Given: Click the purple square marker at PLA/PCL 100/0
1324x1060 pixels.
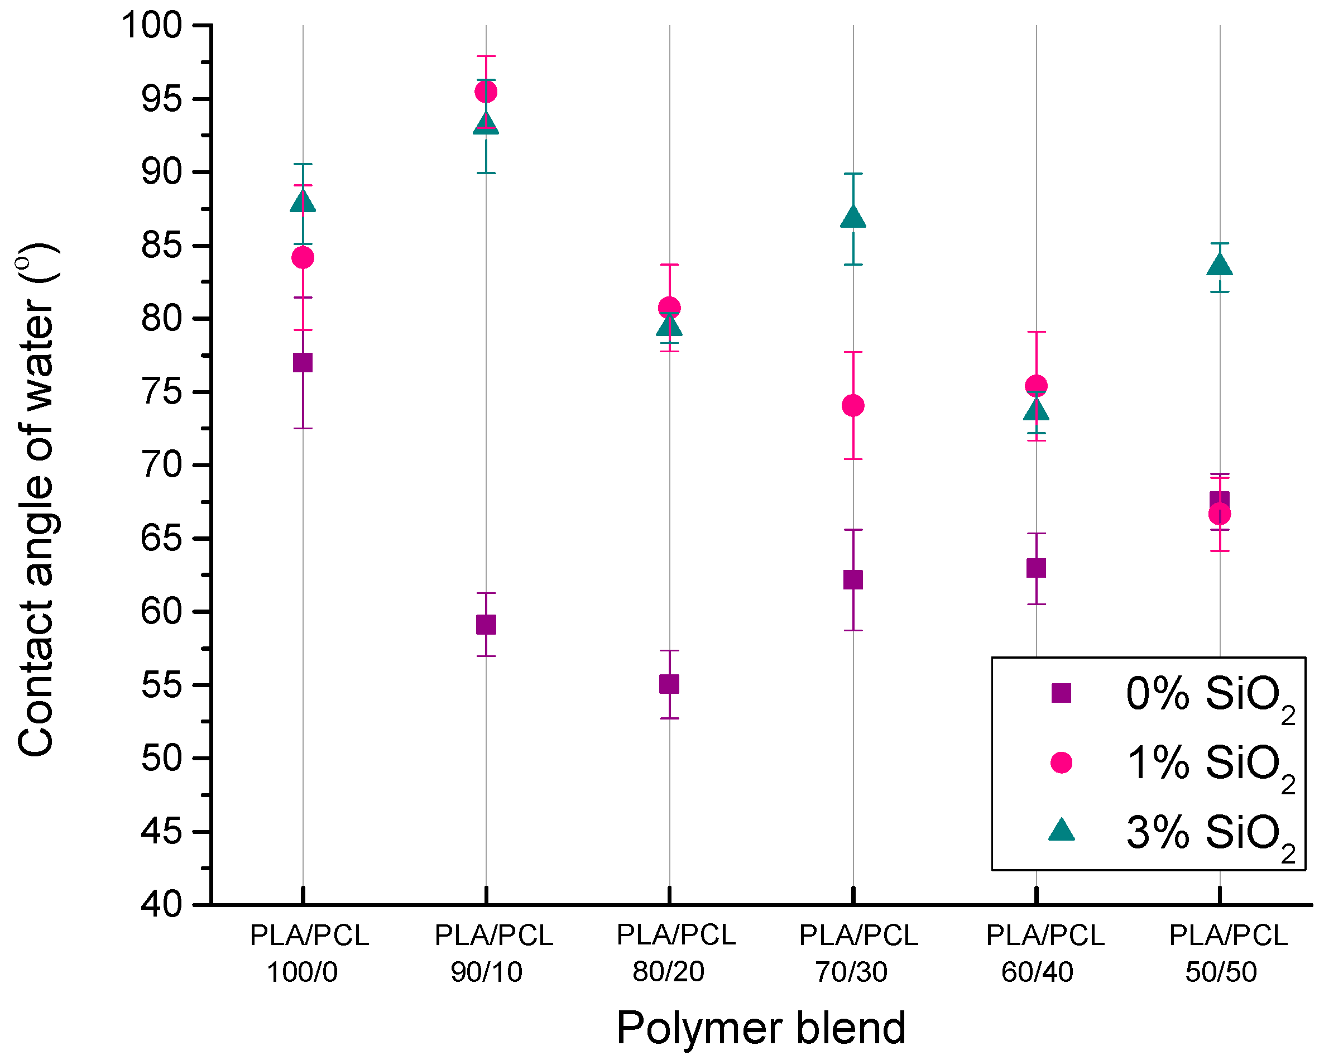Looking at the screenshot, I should (x=303, y=362).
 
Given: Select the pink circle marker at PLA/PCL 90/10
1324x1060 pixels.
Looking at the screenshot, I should (x=486, y=92).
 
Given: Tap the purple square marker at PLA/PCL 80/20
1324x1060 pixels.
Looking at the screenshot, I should (x=669, y=684).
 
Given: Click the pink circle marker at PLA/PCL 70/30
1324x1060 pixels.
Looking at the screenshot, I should (x=853, y=405).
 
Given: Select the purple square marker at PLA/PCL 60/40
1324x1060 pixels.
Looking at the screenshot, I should (x=1036, y=568).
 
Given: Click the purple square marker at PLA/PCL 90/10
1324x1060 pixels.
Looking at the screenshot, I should (x=486, y=625).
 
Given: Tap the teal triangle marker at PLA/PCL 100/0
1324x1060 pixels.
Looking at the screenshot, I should (x=303, y=202).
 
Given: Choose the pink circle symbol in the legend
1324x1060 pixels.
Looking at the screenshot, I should (x=1061, y=762).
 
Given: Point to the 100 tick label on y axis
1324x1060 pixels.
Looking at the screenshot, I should (x=152, y=26).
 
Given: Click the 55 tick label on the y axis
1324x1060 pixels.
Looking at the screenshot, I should (x=161, y=685).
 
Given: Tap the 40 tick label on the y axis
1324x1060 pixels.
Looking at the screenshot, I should (x=161, y=905).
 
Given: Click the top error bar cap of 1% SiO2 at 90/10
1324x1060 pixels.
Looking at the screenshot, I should (x=486, y=56).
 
